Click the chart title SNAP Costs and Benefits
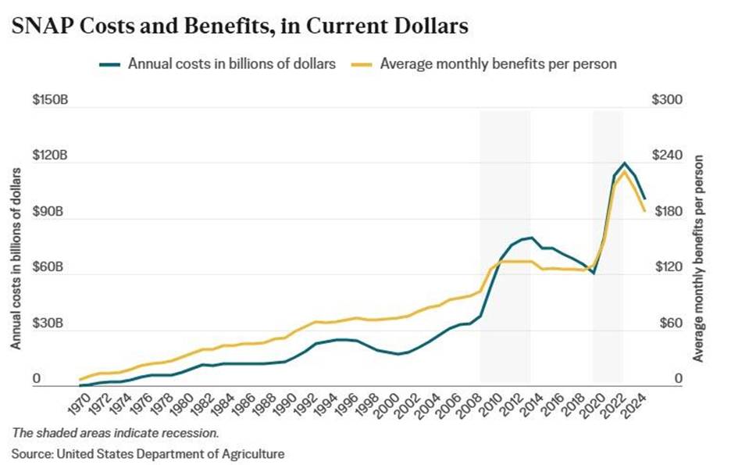240,27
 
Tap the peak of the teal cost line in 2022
624,163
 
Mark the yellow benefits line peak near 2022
624,172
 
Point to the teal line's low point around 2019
594,273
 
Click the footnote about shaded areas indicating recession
115,432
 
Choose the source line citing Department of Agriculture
148,452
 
